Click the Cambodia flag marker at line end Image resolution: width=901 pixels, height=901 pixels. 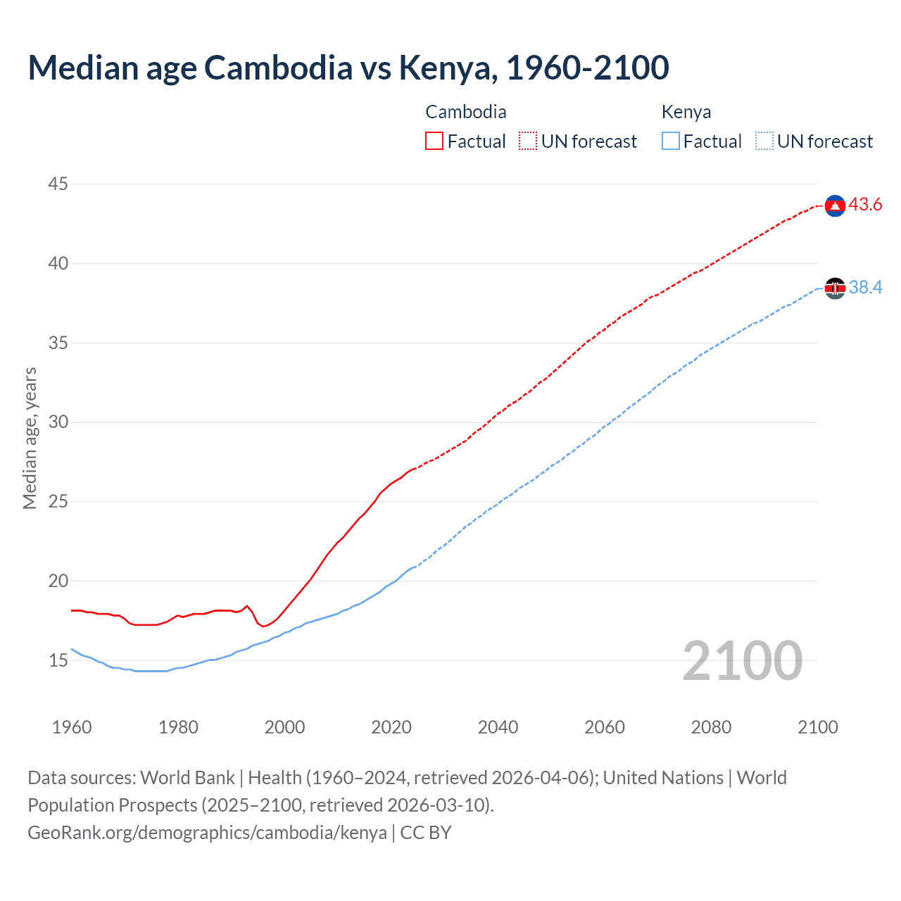coord(835,206)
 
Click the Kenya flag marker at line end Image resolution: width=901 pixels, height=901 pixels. coord(835,288)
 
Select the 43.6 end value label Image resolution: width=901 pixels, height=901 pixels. coord(865,205)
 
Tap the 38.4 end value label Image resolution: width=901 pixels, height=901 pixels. coord(865,288)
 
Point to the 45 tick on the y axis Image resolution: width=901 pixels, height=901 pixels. coord(58,184)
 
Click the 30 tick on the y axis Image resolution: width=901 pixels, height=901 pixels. coord(58,422)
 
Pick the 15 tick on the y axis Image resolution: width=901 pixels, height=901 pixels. coord(58,660)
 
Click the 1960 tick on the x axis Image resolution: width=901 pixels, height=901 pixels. coord(72,727)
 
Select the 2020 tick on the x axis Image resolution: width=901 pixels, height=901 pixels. coord(391,727)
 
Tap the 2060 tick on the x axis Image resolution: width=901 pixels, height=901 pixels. coord(605,727)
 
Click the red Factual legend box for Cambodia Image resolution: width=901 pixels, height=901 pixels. coord(434,141)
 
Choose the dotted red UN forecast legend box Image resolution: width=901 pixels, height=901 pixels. coord(528,141)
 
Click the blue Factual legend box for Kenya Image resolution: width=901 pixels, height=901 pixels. coord(671,141)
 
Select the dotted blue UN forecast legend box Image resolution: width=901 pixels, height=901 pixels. coord(764,141)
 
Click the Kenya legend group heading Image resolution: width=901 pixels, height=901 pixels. coord(686,112)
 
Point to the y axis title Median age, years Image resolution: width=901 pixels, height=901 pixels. coord(30,438)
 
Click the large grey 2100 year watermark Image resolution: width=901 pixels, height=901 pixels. coord(742,660)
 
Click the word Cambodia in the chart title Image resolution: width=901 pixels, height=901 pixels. coord(278,68)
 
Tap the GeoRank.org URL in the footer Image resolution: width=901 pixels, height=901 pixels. coord(207,833)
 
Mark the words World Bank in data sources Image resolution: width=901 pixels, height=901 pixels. coord(187,778)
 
